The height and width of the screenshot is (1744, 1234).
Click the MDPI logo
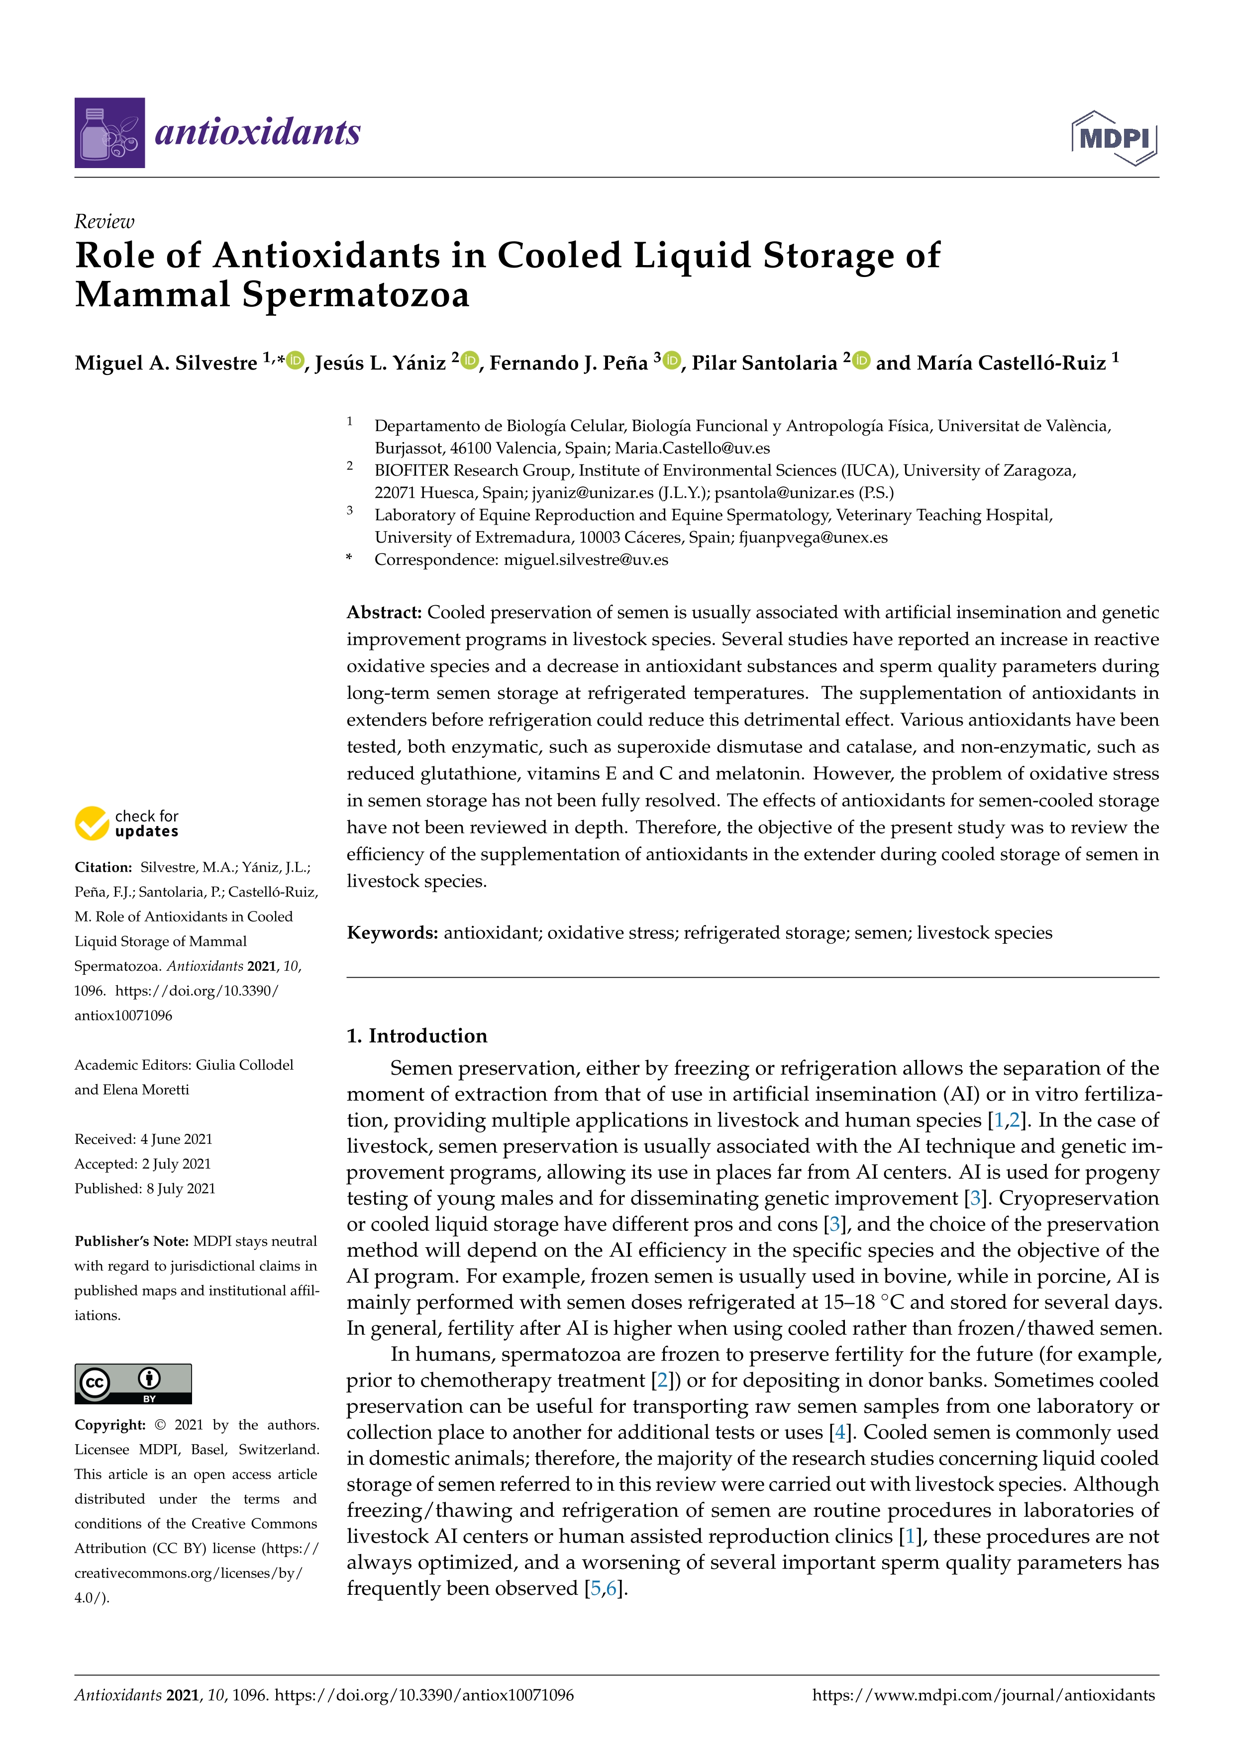click(x=1114, y=138)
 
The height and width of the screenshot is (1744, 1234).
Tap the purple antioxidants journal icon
click(x=109, y=133)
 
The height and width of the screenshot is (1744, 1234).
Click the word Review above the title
click(x=104, y=222)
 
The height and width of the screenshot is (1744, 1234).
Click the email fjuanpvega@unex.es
click(x=813, y=538)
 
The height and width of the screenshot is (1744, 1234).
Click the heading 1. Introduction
click(x=416, y=1036)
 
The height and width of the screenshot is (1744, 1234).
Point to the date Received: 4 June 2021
click(x=144, y=1139)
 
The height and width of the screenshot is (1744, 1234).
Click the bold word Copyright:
click(x=110, y=1424)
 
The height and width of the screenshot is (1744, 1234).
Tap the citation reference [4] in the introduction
click(x=839, y=1433)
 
